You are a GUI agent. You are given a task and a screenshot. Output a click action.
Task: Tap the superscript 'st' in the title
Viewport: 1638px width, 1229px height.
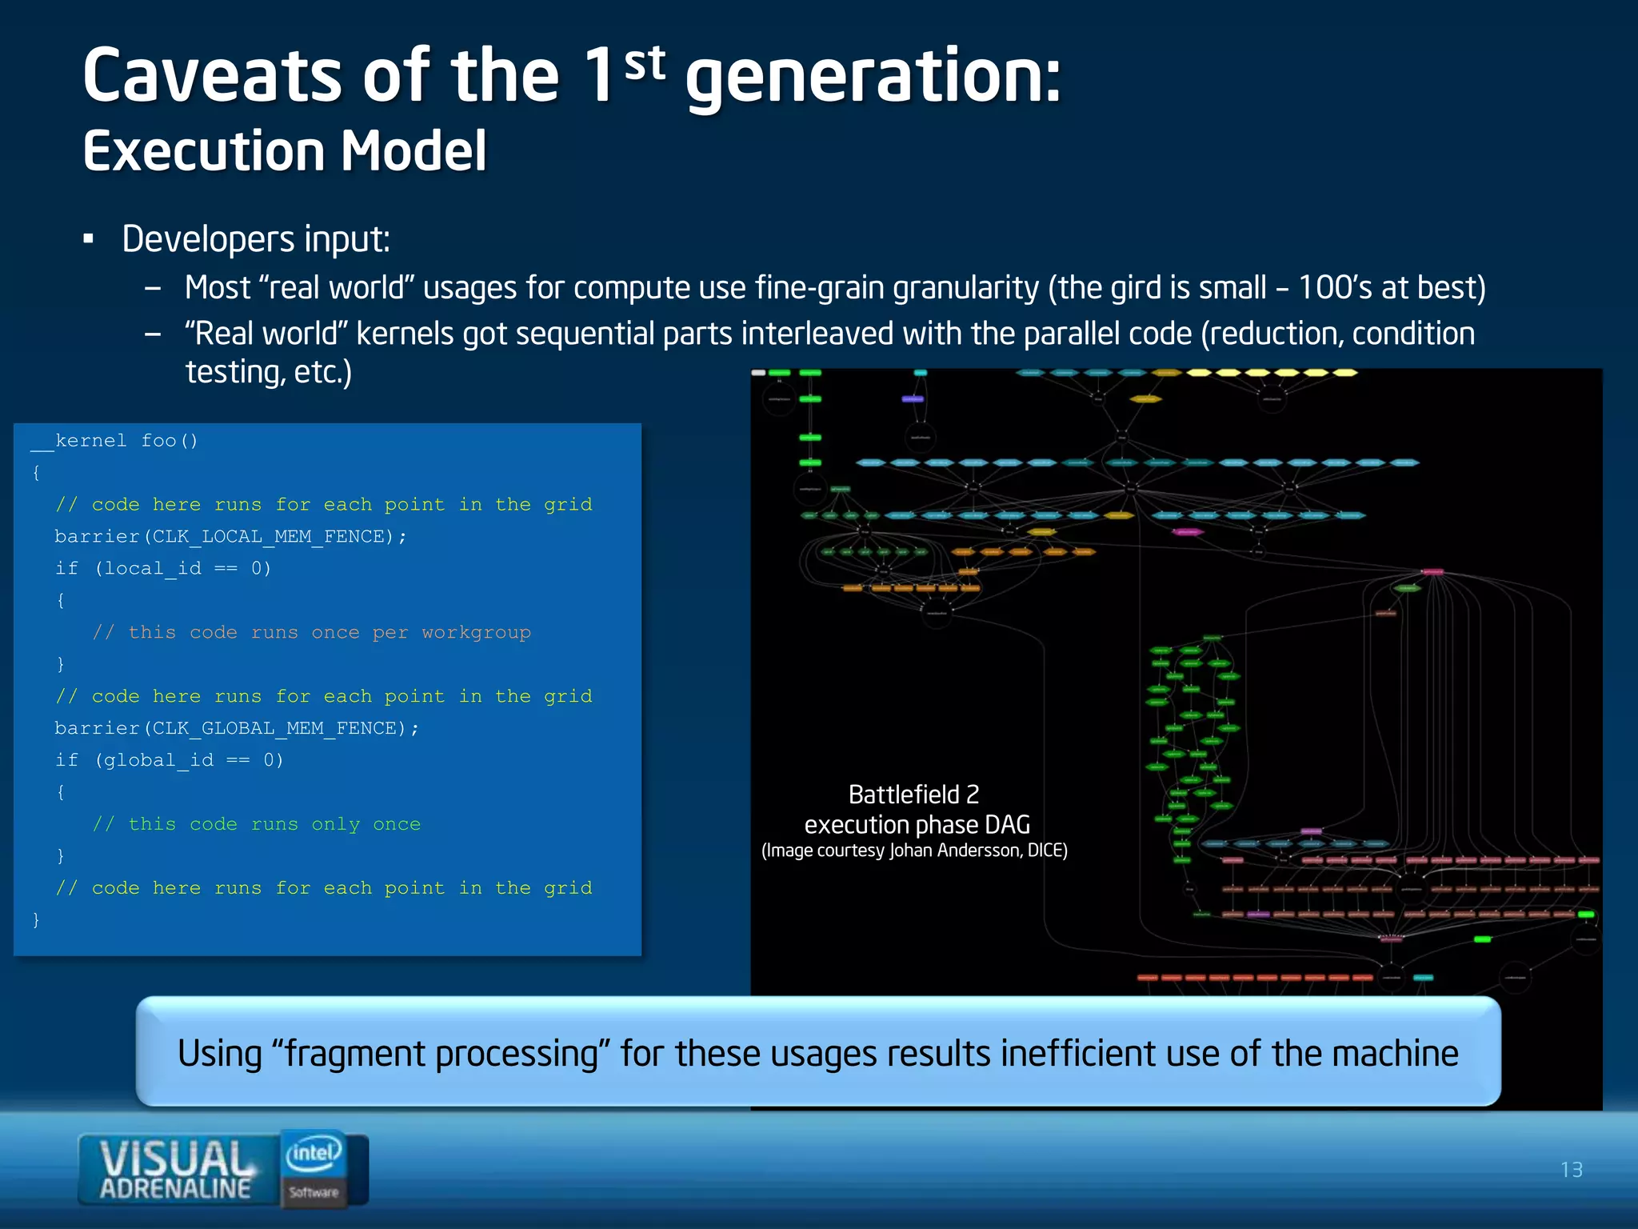pyautogui.click(x=645, y=64)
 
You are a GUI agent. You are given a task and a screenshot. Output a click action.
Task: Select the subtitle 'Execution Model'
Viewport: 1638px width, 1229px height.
pyautogui.click(x=285, y=151)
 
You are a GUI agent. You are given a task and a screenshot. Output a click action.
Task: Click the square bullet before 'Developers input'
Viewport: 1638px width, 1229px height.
pyautogui.click(x=89, y=239)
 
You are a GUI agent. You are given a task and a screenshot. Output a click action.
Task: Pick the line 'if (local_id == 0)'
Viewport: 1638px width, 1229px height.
pyautogui.click(x=163, y=569)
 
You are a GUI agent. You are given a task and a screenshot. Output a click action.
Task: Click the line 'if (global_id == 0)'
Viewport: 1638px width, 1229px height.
pyautogui.click(x=169, y=760)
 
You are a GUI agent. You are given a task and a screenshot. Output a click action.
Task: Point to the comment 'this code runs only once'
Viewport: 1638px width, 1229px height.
pyautogui.click(x=274, y=824)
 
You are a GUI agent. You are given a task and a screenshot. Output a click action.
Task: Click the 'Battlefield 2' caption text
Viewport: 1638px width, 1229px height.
pyautogui.click(x=913, y=795)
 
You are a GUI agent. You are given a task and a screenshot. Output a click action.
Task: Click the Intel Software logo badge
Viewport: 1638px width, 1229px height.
pyautogui.click(x=314, y=1168)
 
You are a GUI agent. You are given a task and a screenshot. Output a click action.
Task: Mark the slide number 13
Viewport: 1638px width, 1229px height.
pyautogui.click(x=1571, y=1171)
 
